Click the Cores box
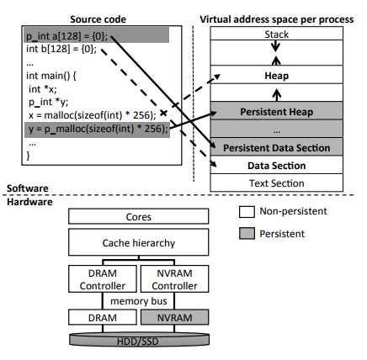139,216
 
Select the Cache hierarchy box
139,242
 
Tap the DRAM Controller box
103,279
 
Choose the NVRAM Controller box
174,279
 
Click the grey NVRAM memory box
174,317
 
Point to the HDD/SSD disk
139,340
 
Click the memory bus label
139,301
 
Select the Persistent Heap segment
276,111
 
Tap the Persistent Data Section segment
276,147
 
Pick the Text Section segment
276,183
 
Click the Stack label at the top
276,34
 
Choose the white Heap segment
276,75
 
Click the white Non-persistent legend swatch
247,212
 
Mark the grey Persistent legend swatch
247,233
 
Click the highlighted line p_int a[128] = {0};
66,36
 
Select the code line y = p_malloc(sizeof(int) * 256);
98,129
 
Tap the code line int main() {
51,76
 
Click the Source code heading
98,19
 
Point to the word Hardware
29,202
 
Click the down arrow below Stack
276,45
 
